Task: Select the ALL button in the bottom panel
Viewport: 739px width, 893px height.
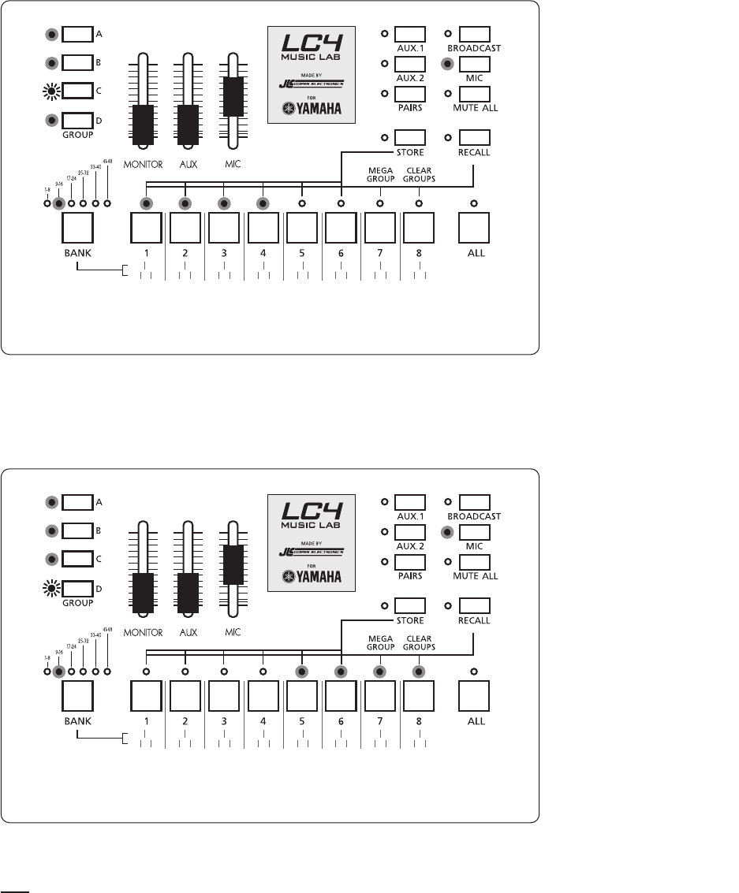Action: (474, 696)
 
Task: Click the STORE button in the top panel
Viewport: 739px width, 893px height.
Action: (409, 136)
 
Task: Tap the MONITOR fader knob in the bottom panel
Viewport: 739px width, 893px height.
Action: (143, 592)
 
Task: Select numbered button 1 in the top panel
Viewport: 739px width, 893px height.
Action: (145, 229)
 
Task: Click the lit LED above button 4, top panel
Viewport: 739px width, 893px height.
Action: (263, 203)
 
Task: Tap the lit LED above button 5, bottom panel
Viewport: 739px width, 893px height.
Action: (302, 672)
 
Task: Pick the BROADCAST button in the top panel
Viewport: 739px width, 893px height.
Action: (475, 35)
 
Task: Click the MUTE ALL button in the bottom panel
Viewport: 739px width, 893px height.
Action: (475, 562)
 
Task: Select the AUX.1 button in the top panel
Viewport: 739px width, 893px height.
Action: (409, 35)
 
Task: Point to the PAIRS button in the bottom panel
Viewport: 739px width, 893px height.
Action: (409, 562)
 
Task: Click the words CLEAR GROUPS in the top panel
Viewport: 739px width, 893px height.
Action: (419, 174)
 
